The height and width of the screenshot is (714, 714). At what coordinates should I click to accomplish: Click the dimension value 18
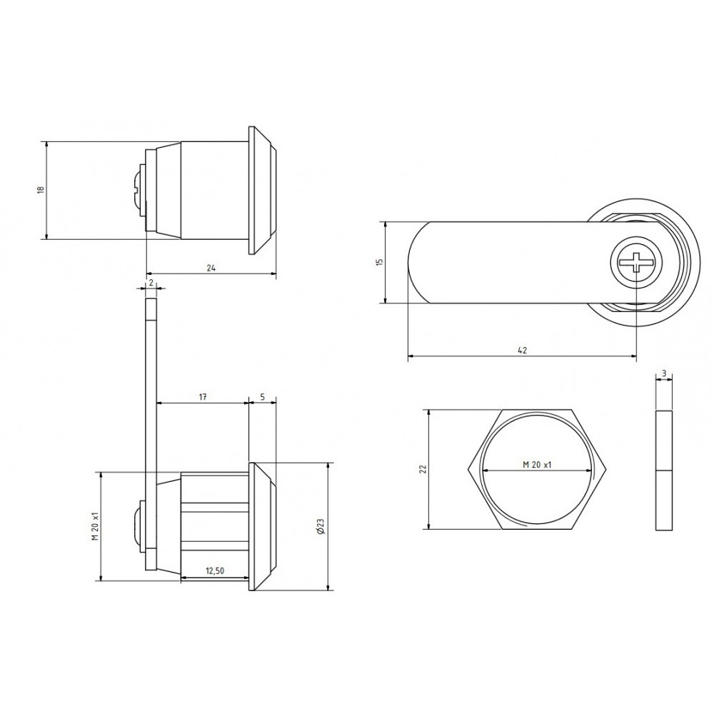click(x=40, y=190)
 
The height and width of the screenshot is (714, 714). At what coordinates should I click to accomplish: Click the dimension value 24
click(x=211, y=268)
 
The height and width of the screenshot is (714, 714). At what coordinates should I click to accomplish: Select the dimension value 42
click(x=523, y=350)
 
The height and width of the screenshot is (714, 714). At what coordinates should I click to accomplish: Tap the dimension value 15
click(x=381, y=262)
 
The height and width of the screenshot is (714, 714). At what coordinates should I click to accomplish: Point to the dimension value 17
click(x=203, y=397)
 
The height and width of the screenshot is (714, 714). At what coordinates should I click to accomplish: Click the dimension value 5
click(x=263, y=397)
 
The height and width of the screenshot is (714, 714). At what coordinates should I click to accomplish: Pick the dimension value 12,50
click(x=215, y=570)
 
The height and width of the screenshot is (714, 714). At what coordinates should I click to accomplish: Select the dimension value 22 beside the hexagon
click(x=422, y=469)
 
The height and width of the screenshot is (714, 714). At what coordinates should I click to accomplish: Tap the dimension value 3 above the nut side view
click(x=664, y=373)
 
